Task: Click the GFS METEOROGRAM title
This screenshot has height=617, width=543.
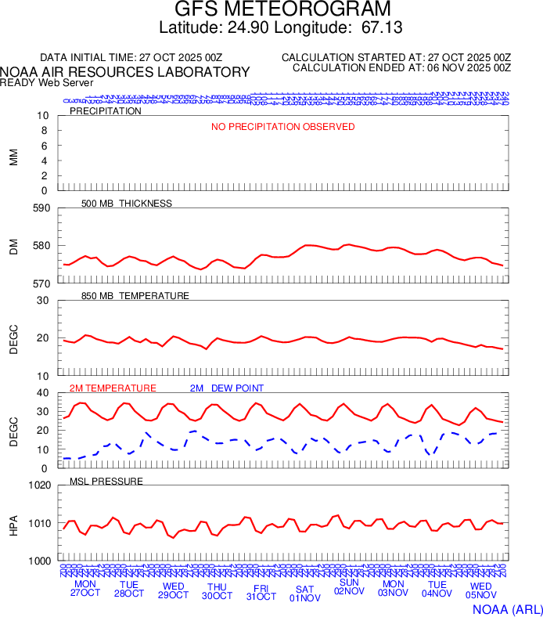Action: [282, 9]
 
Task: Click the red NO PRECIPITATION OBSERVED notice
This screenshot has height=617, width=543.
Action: [282, 127]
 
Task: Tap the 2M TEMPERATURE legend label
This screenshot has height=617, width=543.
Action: [113, 388]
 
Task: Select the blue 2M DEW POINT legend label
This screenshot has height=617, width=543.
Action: [227, 388]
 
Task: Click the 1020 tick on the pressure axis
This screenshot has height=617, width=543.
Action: [38, 485]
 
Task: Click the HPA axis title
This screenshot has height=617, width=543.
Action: [13, 523]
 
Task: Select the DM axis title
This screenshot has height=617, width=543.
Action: [13, 246]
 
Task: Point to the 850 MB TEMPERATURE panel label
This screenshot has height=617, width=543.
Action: [135, 296]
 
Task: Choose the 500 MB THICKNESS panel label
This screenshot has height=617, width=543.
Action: [127, 204]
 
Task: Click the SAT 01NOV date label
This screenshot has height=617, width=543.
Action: [305, 593]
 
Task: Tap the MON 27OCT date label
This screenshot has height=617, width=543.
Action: [86, 589]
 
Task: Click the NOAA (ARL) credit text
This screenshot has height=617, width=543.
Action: [506, 608]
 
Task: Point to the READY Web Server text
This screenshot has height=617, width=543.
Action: [47, 82]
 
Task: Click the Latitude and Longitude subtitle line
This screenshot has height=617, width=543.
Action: [282, 28]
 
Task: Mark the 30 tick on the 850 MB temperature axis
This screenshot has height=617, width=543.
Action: [43, 301]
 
